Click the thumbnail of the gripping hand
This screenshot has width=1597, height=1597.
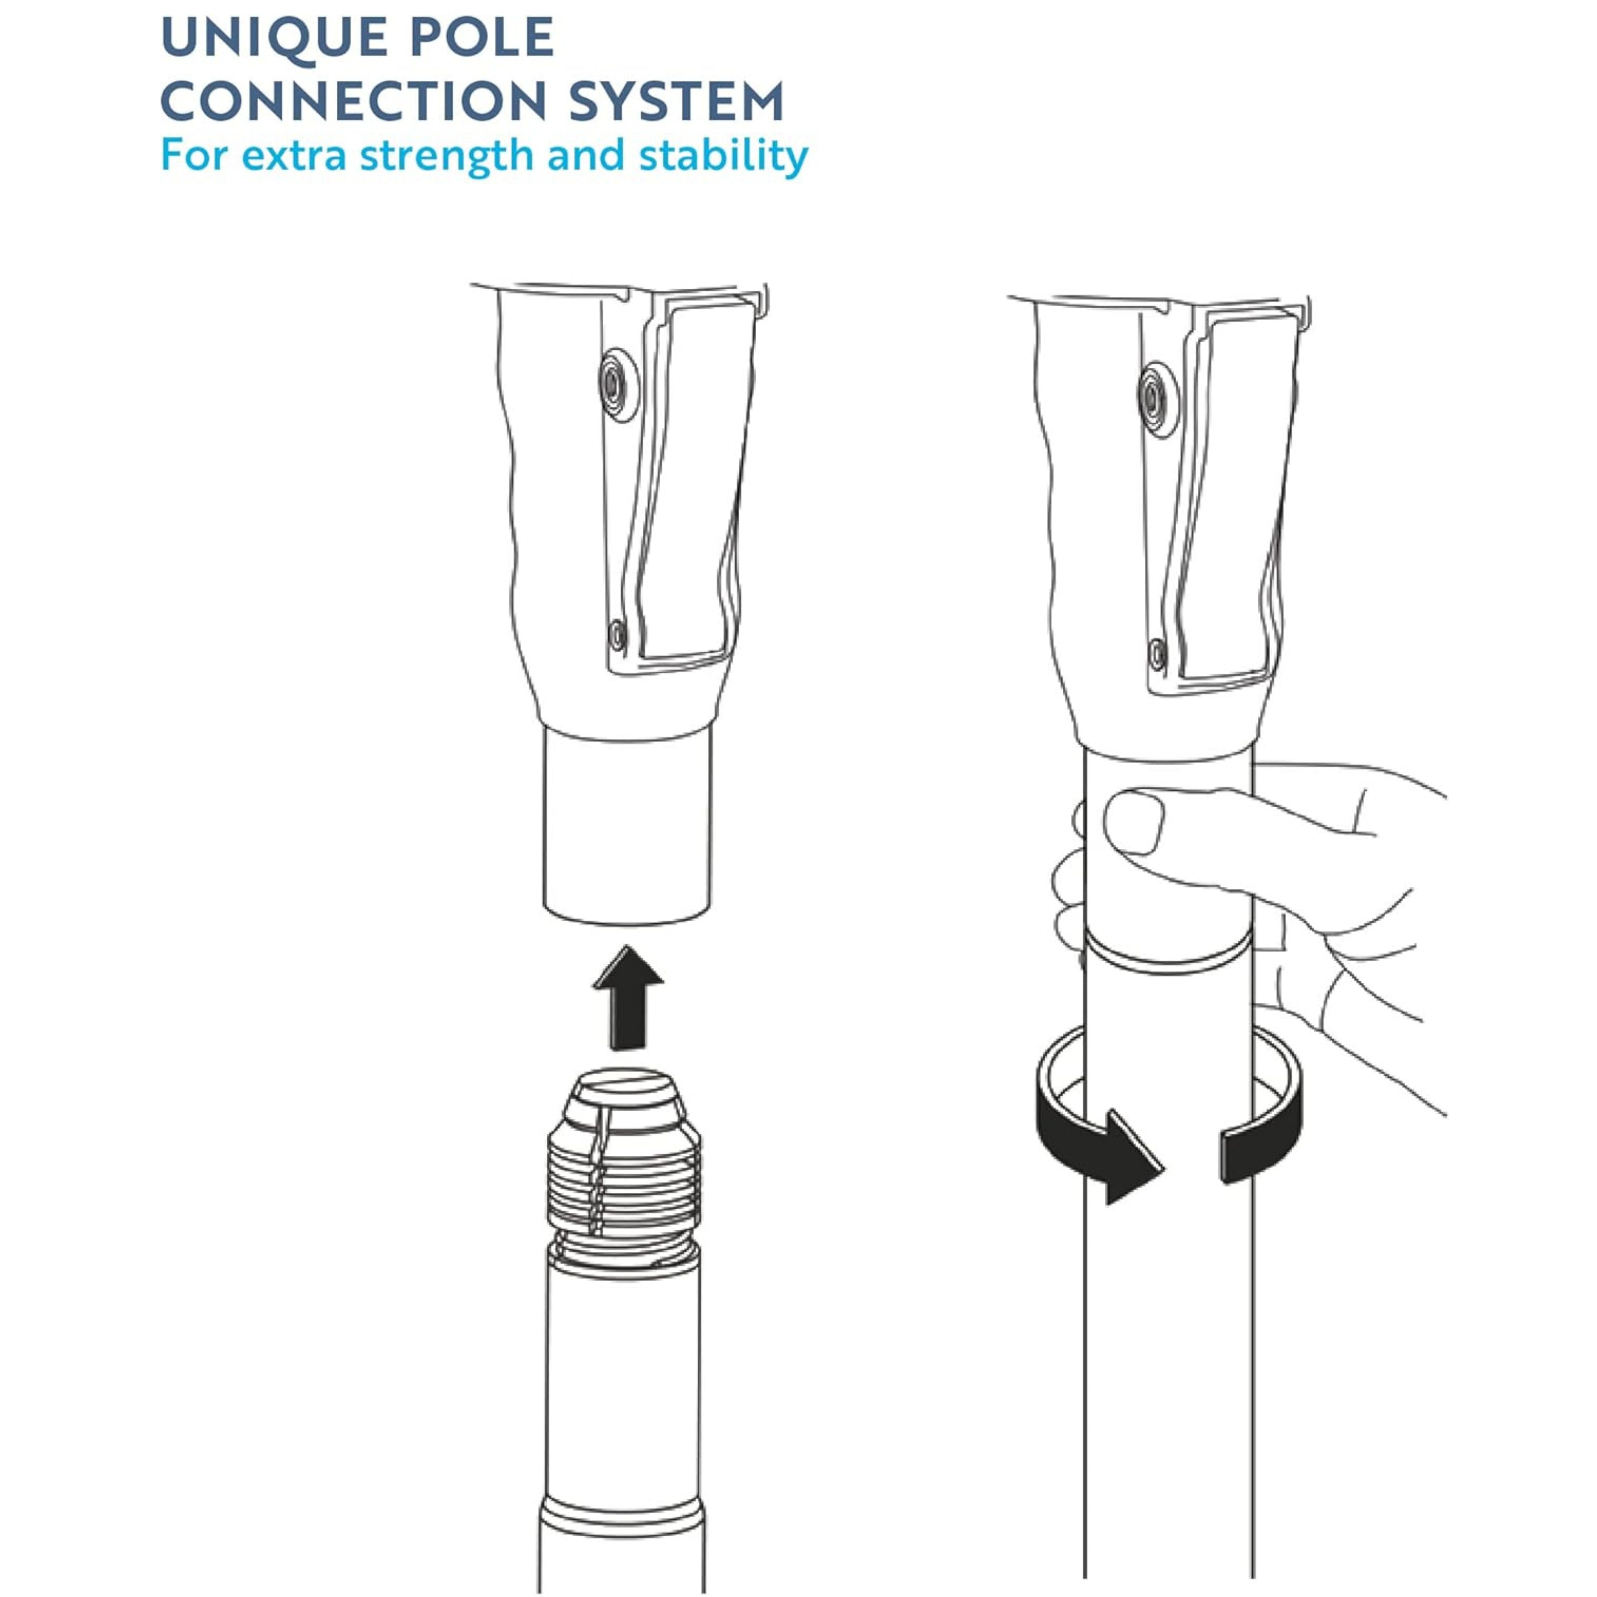[x=1134, y=822]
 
